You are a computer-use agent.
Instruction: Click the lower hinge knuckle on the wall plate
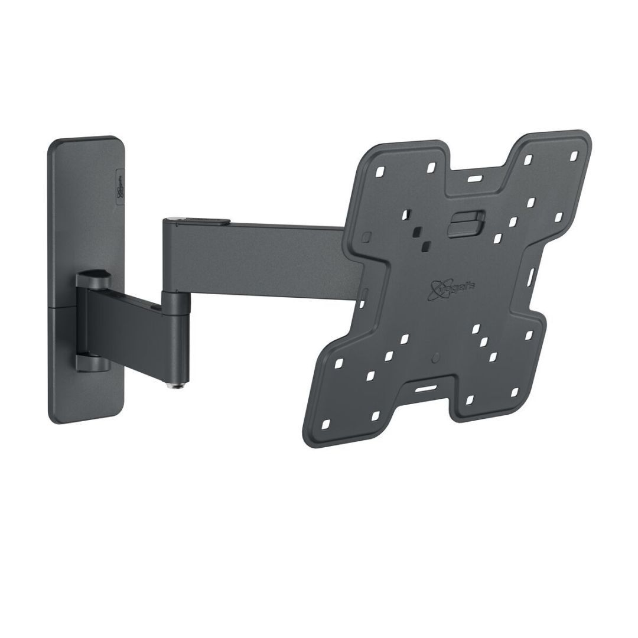(x=90, y=357)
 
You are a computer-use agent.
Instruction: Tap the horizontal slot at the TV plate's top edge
(x=474, y=176)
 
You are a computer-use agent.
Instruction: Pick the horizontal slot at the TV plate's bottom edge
(x=423, y=390)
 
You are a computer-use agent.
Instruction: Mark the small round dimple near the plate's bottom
(x=436, y=357)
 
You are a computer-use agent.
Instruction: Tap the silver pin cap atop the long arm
(x=171, y=220)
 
